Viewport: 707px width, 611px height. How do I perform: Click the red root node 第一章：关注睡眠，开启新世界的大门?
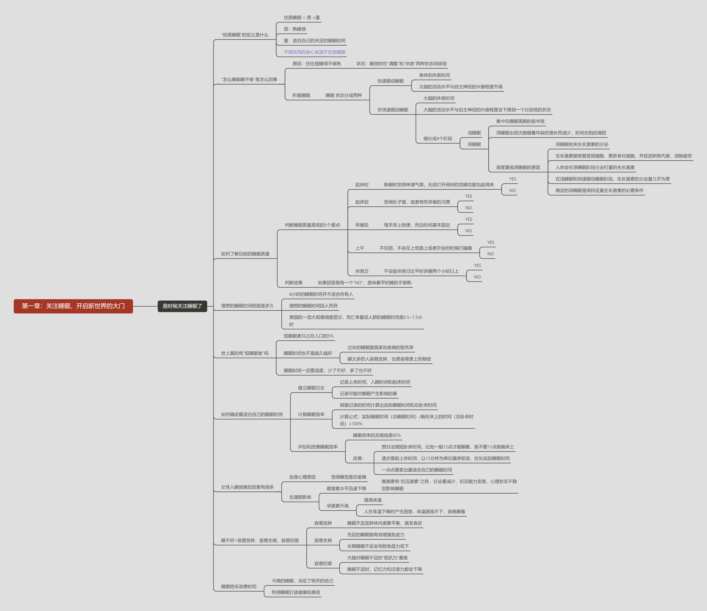(x=73, y=306)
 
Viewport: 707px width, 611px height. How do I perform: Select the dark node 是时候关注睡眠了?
(x=182, y=306)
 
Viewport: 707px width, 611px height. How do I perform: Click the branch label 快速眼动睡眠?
(x=390, y=81)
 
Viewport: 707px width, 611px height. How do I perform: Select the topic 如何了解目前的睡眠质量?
(x=245, y=254)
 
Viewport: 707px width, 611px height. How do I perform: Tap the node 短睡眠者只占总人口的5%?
(x=308, y=336)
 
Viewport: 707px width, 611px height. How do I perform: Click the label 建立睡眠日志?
(x=311, y=388)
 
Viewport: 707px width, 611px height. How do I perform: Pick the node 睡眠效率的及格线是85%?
(x=377, y=435)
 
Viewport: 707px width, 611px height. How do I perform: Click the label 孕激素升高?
(x=337, y=506)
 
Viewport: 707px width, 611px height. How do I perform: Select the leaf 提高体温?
(x=372, y=500)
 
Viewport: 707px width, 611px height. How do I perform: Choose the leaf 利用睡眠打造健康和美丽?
(x=296, y=592)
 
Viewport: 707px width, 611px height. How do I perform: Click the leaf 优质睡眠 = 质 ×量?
(x=301, y=17)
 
